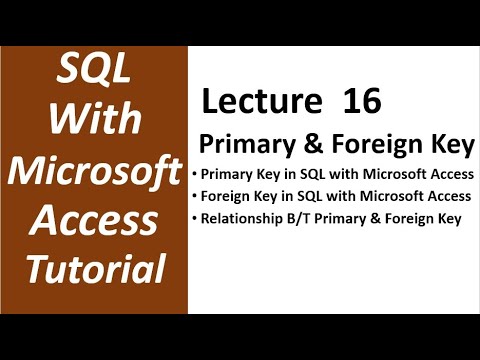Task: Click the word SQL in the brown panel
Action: (x=96, y=72)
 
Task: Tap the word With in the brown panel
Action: (x=96, y=120)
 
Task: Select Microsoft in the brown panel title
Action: (x=96, y=169)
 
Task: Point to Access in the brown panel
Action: (x=96, y=218)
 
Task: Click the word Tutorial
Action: (x=96, y=267)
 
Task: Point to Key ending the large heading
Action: (x=449, y=145)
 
